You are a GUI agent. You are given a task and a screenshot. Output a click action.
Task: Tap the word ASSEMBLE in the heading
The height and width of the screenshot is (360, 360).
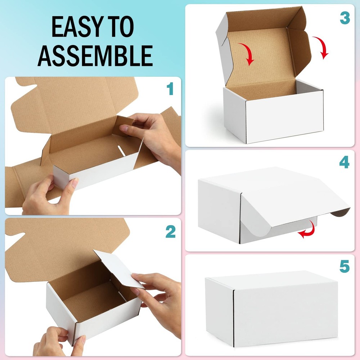pos(95,55)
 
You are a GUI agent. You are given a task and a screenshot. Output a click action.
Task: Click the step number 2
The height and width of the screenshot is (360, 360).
pos(170,232)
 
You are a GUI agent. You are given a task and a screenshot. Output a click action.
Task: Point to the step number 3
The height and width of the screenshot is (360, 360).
pos(345,18)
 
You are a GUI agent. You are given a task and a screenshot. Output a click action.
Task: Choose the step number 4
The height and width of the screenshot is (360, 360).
pos(344,163)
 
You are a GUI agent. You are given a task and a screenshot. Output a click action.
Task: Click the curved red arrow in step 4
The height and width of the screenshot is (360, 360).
pos(307,230)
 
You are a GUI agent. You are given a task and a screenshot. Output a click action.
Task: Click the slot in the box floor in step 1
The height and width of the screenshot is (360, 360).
pos(122,151)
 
